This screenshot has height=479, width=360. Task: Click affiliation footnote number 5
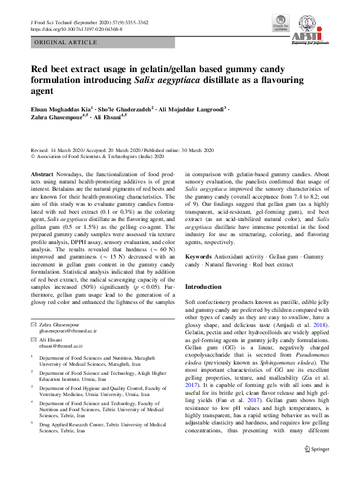coord(32,425)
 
